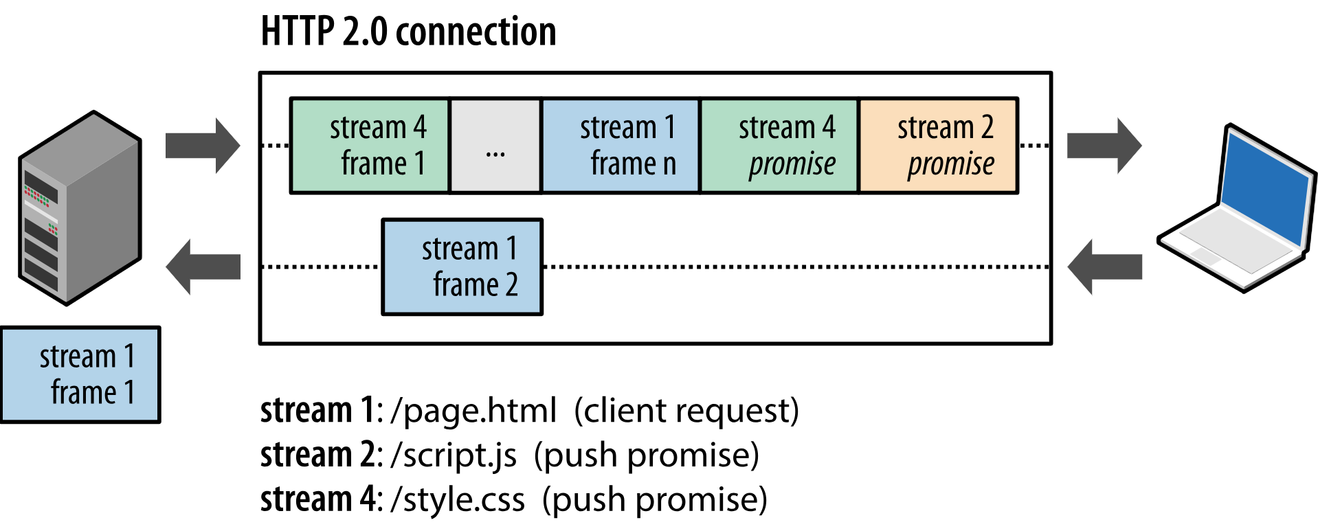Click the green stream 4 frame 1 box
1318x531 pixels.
point(370,146)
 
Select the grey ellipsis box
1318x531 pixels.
point(495,146)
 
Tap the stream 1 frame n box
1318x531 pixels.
point(621,146)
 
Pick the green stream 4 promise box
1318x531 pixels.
point(779,146)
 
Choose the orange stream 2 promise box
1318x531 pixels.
point(938,146)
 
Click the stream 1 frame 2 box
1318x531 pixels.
point(462,267)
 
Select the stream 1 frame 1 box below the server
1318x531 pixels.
point(80,374)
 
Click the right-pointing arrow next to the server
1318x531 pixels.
point(203,146)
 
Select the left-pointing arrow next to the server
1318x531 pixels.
point(203,267)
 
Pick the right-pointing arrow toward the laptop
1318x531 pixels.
point(1104,146)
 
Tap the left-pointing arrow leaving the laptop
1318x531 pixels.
point(1104,267)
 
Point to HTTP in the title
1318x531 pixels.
point(298,32)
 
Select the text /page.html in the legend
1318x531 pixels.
point(473,411)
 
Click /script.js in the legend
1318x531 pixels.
point(453,455)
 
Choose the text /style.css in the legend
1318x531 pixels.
point(457,499)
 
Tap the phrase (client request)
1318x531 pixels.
point(686,411)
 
